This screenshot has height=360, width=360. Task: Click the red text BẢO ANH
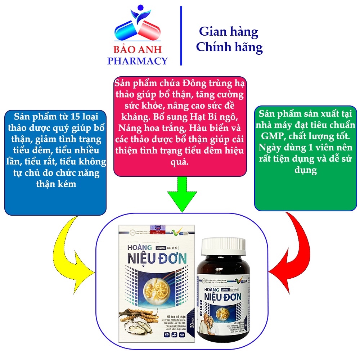tap(138, 50)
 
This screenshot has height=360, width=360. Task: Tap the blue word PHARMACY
tap(138, 60)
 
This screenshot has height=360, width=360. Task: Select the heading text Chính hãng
tap(229, 47)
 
